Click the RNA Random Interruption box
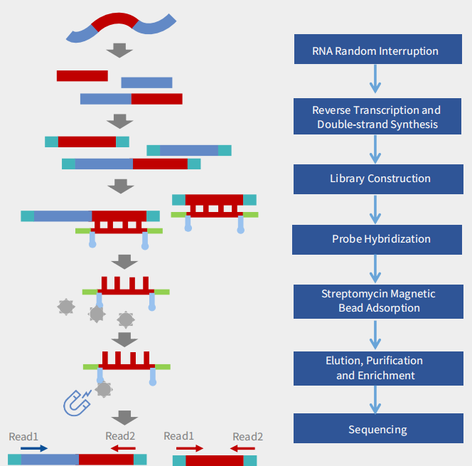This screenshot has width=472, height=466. [x=375, y=51]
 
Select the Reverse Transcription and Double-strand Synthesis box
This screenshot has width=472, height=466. [x=375, y=117]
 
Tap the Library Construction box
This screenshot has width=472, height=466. [x=375, y=179]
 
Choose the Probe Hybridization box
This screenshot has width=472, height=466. [x=375, y=239]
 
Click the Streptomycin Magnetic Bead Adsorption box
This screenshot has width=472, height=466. [x=375, y=301]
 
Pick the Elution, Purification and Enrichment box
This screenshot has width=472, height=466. [x=375, y=368]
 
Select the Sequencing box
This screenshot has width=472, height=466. [x=375, y=429]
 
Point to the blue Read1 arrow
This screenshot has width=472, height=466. [x=34, y=448]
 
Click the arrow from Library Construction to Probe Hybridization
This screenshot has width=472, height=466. [x=375, y=209]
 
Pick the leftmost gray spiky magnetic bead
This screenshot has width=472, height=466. [x=65, y=307]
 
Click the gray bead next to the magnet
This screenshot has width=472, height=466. [x=104, y=389]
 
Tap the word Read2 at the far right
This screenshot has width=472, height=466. [x=247, y=436]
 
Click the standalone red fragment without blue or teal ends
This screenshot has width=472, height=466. [x=82, y=75]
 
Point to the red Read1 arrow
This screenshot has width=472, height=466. [x=190, y=448]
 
